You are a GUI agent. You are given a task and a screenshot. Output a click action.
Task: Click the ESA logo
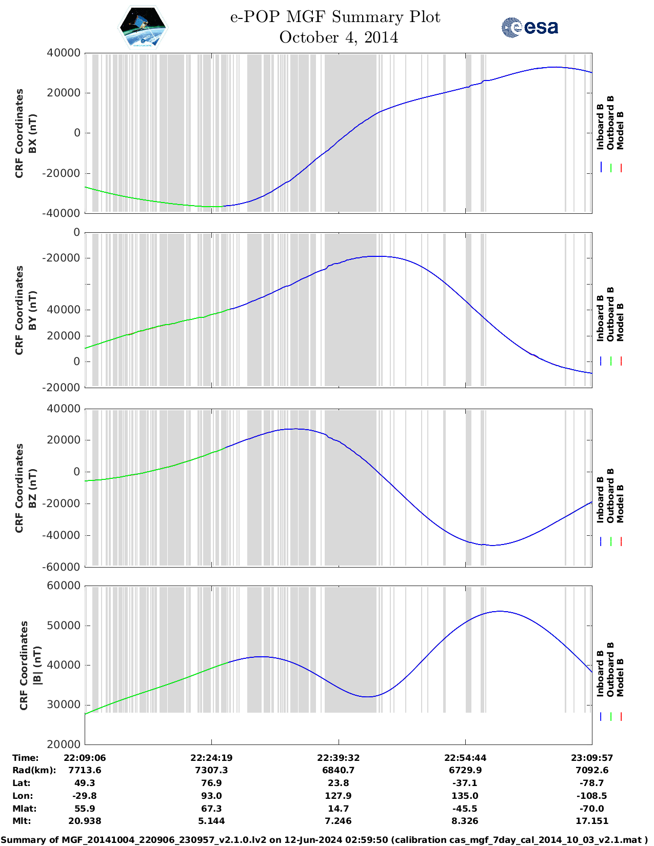tap(529, 27)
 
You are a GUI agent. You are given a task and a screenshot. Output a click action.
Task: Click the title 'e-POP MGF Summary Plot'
tap(335, 17)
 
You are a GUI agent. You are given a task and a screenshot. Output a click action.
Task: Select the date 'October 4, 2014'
tap(339, 37)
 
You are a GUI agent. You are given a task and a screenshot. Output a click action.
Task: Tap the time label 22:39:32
tap(338, 758)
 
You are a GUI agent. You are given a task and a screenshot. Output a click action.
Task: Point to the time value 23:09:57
tap(592, 758)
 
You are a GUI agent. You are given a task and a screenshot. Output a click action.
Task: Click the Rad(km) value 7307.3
tap(211, 770)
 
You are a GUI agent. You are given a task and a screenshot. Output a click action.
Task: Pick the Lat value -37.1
tap(465, 783)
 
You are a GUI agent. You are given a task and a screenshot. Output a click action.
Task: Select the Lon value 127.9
tap(338, 796)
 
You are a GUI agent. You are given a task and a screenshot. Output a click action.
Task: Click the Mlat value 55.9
tap(85, 809)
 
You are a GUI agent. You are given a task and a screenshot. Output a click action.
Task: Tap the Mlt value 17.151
tap(592, 821)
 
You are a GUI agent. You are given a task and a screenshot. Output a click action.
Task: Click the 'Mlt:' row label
tap(22, 821)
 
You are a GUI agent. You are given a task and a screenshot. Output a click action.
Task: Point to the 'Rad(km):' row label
tap(34, 770)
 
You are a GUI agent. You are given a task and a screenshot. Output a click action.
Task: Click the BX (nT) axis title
tap(33, 133)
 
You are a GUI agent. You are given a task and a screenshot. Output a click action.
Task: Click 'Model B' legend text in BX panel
tap(620, 130)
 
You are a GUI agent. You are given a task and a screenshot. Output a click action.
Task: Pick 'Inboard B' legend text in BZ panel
tap(600, 500)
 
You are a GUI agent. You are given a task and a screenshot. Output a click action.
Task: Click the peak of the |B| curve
tap(500, 611)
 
